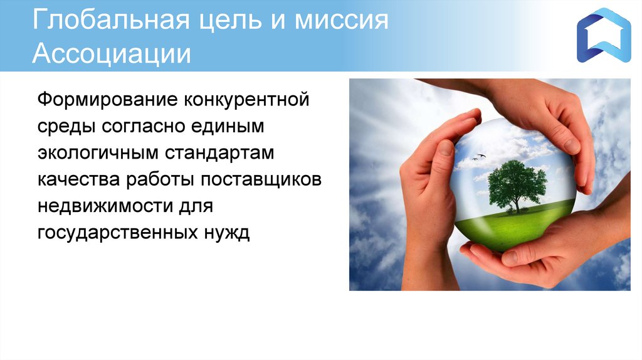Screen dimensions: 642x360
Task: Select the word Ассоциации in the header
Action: [x=112, y=54]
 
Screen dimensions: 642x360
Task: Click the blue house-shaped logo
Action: [x=604, y=35]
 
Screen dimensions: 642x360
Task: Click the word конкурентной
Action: [x=246, y=100]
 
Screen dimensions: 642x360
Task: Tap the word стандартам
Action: [x=219, y=154]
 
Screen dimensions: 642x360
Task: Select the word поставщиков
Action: [x=261, y=180]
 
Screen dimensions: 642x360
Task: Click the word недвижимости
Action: [x=105, y=206]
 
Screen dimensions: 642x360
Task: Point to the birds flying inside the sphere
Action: [x=478, y=157]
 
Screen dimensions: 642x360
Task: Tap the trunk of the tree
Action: [x=517, y=205]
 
